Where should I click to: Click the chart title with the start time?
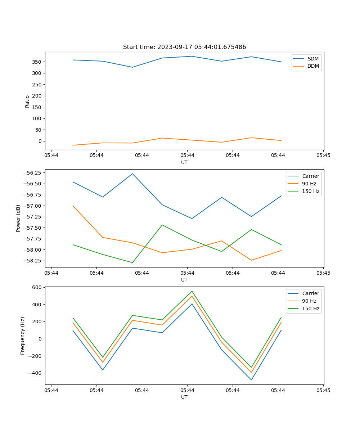[x=184, y=47]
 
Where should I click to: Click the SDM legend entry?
[x=313, y=59]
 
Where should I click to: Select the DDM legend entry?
[x=313, y=66]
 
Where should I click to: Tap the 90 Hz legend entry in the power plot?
[x=309, y=184]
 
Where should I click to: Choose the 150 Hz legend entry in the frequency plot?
[x=311, y=309]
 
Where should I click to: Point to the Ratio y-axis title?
[x=27, y=102]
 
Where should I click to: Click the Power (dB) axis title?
[x=18, y=219]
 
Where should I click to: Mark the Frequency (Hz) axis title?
[x=23, y=336]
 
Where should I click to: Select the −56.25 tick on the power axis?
[x=32, y=173]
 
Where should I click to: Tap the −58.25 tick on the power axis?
[x=32, y=259]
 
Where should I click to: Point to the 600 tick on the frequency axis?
[x=37, y=287]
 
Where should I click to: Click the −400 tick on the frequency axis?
[x=35, y=373]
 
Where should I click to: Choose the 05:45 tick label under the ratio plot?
[x=323, y=156]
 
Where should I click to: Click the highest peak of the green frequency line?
[x=192, y=291]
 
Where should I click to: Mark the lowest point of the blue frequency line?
[x=251, y=380]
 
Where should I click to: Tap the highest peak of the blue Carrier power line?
[x=132, y=174]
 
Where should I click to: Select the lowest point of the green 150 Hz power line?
[x=132, y=262]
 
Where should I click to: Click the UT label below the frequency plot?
[x=184, y=397]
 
